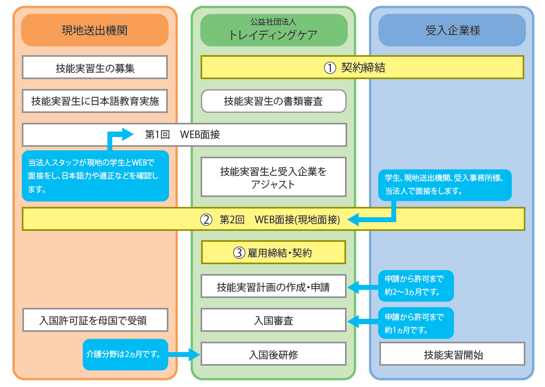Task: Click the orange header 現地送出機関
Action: (x=94, y=30)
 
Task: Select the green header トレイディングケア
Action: (x=274, y=34)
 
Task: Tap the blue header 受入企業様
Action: (x=452, y=30)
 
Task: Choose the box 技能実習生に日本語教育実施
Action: (x=95, y=101)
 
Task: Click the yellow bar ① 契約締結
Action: (x=362, y=68)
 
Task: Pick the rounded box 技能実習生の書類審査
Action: (x=274, y=101)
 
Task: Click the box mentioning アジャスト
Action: (x=274, y=177)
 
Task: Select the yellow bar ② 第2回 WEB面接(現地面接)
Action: (x=272, y=219)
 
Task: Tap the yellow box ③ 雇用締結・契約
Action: (x=274, y=253)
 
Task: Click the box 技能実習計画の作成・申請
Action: (x=274, y=287)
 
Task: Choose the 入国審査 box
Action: (x=274, y=320)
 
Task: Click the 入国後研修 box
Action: (x=274, y=354)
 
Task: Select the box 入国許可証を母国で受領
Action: (x=95, y=320)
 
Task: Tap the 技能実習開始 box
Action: (x=452, y=354)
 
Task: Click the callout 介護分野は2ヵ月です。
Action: (x=125, y=354)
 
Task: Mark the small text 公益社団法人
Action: (x=274, y=22)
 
